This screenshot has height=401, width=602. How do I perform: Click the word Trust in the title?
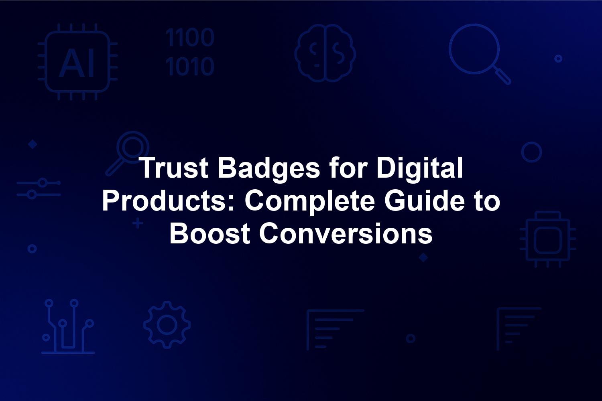tap(175, 168)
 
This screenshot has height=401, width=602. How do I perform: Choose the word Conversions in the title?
tap(346, 233)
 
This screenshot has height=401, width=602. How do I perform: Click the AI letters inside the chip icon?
tap(77, 63)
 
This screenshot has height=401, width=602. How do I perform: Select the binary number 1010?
tap(190, 66)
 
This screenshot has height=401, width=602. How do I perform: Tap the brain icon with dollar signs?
tap(325, 53)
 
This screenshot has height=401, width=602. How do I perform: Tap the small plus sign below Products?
tap(138, 223)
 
